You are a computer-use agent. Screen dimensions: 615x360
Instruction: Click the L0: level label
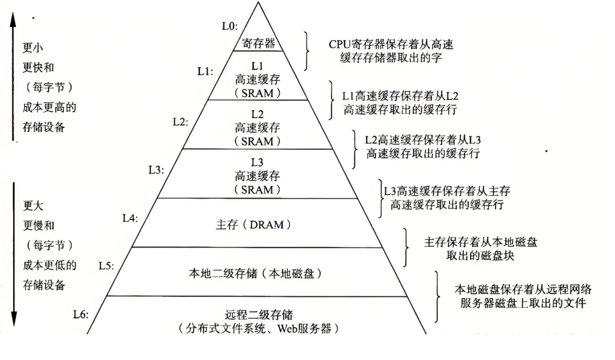click(x=230, y=26)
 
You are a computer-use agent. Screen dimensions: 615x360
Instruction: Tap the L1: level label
click(x=205, y=71)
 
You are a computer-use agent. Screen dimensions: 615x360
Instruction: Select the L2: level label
click(x=180, y=122)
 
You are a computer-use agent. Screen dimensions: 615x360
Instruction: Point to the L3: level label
click(x=156, y=170)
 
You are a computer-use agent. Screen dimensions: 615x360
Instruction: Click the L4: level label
click(x=130, y=218)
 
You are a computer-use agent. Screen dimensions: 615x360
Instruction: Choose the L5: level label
click(x=106, y=266)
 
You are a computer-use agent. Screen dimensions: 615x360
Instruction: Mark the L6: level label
click(x=81, y=315)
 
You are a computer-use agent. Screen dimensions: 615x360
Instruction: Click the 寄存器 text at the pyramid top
click(x=258, y=43)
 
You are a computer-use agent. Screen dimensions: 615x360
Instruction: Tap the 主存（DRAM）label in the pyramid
click(x=253, y=225)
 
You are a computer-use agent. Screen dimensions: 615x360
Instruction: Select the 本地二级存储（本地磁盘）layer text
click(x=255, y=274)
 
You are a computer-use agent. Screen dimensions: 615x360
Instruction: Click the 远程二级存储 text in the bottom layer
click(x=259, y=315)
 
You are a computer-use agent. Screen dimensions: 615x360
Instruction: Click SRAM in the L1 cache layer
click(x=257, y=93)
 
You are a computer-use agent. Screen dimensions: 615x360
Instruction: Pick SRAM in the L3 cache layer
click(x=257, y=190)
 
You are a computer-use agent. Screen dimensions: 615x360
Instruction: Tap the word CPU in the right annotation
click(x=339, y=45)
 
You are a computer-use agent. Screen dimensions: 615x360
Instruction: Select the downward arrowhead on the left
click(x=14, y=318)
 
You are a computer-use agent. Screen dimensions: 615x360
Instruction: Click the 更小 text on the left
click(x=33, y=48)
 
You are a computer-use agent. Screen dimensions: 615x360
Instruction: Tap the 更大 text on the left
click(x=33, y=206)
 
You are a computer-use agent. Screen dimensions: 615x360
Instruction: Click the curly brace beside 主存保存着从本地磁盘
click(x=405, y=247)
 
